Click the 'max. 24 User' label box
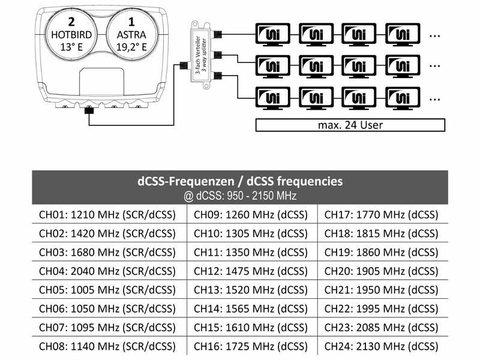(x=350, y=125)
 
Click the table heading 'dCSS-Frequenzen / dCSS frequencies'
(x=239, y=181)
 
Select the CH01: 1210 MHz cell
(x=108, y=214)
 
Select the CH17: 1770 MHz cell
(x=382, y=214)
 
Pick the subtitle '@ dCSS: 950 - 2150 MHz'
(x=239, y=196)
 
